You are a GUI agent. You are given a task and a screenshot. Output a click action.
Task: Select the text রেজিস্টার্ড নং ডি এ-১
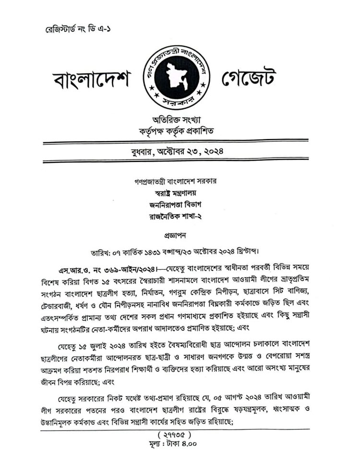(x=79, y=29)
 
